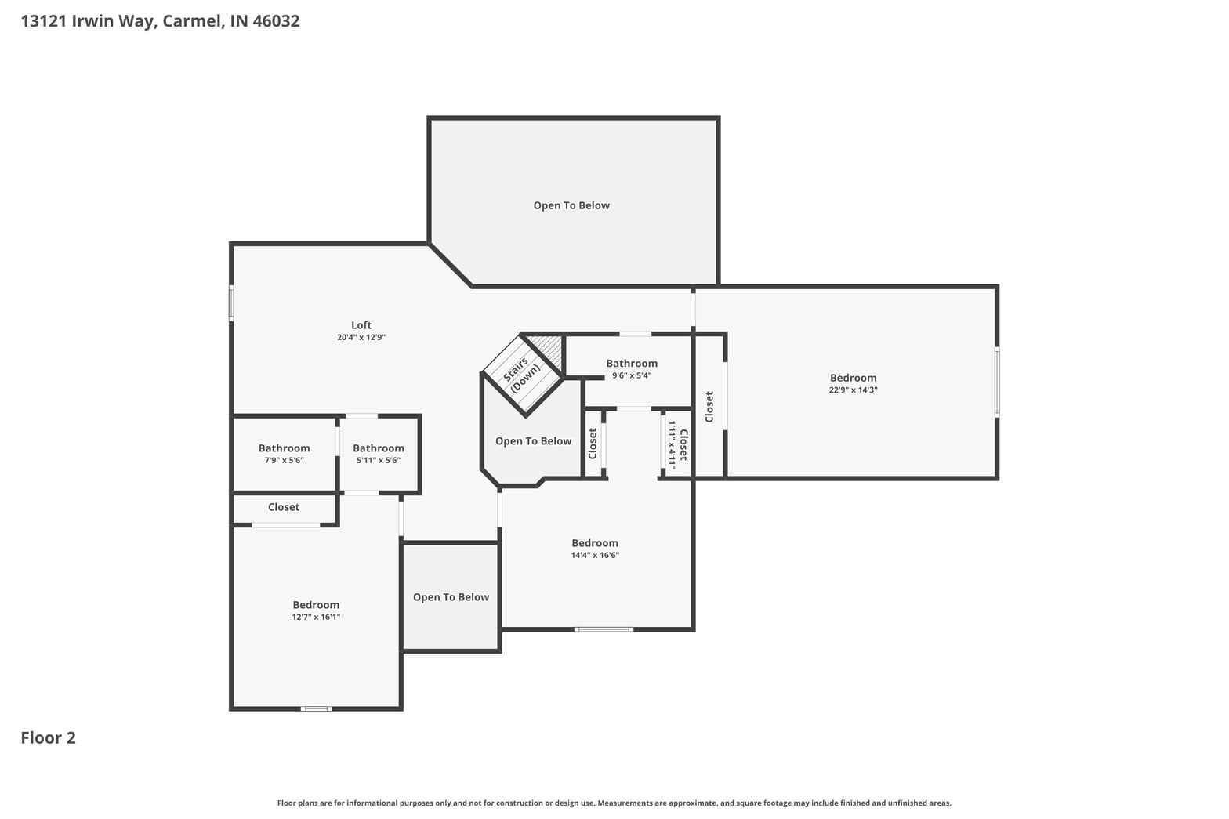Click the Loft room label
361,325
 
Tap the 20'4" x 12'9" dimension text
361,337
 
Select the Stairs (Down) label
521,374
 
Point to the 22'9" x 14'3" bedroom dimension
853,390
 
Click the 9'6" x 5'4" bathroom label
632,375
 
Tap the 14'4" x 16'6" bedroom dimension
595,555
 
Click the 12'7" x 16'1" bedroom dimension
316,617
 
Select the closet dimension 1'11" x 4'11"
672,445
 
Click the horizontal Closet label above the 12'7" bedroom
284,507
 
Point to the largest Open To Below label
571,205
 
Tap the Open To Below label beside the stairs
533,441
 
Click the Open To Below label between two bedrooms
451,597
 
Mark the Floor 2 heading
49,737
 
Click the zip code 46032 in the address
276,21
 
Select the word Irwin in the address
92,21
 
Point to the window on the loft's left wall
231,303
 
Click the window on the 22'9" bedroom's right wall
997,382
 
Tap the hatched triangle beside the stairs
548,350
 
